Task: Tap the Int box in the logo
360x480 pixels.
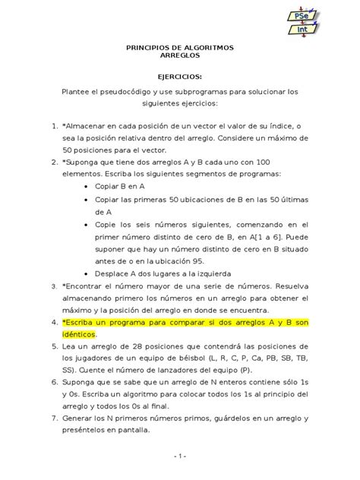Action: coord(335,36)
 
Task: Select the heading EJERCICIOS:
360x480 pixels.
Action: coord(179,76)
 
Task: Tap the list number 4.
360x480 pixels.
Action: coord(54,322)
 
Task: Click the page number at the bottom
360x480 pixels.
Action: coord(179,456)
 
